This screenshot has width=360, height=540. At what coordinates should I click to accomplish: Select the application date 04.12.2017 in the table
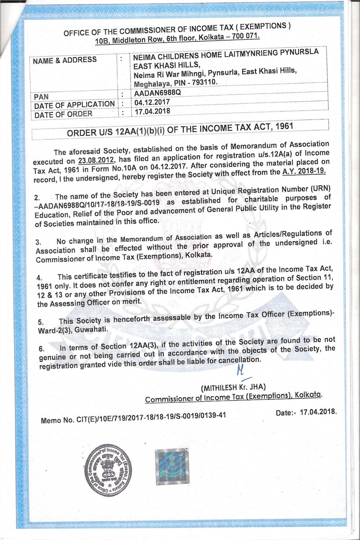coord(152,102)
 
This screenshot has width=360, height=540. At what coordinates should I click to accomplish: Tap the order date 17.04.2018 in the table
coord(152,111)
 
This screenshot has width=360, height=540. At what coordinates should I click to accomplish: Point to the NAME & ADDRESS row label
coord(65,60)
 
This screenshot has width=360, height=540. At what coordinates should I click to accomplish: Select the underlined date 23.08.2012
coord(95,160)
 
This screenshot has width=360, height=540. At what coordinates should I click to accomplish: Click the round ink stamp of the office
coord(108,470)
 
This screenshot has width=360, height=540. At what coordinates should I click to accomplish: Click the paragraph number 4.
coord(39,278)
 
